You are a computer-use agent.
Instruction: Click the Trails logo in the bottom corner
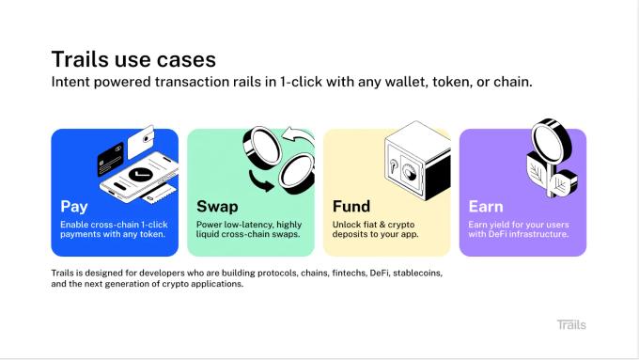tap(570, 324)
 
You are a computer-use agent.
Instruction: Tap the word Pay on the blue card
tap(74, 206)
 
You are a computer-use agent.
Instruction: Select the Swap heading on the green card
tap(217, 206)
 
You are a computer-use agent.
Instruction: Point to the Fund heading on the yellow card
tap(351, 206)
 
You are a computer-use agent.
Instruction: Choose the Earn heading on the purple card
tap(486, 206)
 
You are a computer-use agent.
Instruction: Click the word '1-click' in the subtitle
tap(295, 83)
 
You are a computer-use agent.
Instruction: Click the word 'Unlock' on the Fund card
tap(348, 225)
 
